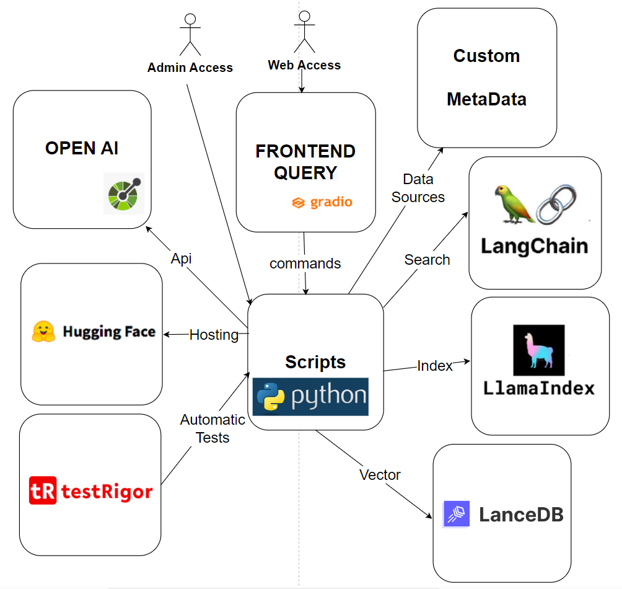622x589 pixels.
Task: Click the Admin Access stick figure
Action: click(x=190, y=35)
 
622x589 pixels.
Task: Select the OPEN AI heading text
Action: click(x=82, y=148)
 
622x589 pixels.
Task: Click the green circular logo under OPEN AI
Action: click(x=124, y=193)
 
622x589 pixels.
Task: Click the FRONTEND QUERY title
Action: click(x=305, y=162)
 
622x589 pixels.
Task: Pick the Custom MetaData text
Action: click(x=486, y=77)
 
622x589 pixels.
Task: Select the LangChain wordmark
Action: click(x=534, y=246)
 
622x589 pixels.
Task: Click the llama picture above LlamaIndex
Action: click(x=538, y=350)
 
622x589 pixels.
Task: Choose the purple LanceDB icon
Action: click(x=457, y=514)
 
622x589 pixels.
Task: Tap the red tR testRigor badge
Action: click(x=43, y=492)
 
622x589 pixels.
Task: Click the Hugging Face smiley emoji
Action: click(x=44, y=332)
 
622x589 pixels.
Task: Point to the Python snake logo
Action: click(x=270, y=397)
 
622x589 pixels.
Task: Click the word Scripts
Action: click(x=315, y=362)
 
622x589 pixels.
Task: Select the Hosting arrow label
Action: click(x=214, y=335)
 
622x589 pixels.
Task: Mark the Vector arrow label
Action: click(x=380, y=475)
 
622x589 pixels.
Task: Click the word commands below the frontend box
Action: click(x=305, y=263)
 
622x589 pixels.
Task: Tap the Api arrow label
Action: click(x=182, y=259)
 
